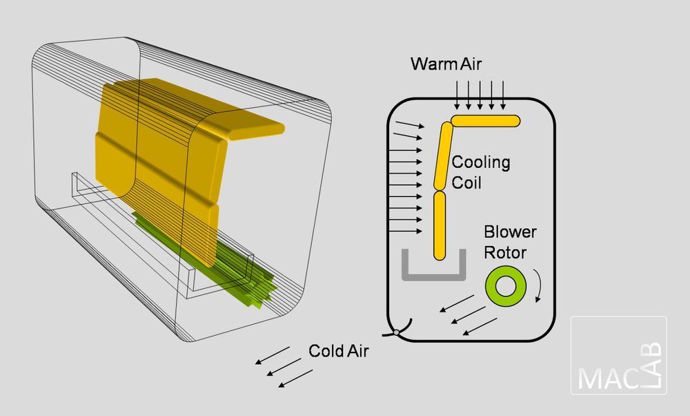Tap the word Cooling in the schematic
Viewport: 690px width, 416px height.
coord(481,163)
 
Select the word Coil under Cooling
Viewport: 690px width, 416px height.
coord(466,183)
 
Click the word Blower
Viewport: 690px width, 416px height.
coord(510,232)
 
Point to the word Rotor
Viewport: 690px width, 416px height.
coord(505,252)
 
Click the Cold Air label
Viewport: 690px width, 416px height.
coord(339,350)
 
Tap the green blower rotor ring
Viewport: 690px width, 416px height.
coord(506,286)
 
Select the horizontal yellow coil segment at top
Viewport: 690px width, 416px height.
coord(486,121)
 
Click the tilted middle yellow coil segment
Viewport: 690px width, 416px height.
coord(443,155)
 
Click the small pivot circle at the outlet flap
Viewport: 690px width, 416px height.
coord(397,334)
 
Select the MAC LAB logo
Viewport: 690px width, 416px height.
coord(619,355)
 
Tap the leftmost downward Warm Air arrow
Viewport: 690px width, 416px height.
coord(457,95)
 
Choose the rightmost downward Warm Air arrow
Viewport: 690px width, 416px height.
coord(503,95)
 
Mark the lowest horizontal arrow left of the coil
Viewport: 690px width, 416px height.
coord(406,231)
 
